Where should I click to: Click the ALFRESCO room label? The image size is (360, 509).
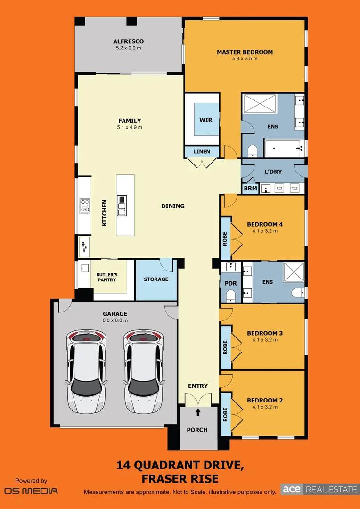coord(128,41)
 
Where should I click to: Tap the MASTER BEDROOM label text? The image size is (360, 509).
coord(245,52)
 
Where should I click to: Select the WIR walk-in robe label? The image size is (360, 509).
coord(206,120)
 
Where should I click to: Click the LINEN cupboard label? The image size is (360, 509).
coord(202,152)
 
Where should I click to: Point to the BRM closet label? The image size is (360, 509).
coord(250,189)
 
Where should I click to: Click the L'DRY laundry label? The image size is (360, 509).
coord(273,172)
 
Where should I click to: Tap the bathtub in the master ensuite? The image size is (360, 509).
coord(283,148)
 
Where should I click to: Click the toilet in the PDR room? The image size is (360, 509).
coord(231,296)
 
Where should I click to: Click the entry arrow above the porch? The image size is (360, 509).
coord(198,412)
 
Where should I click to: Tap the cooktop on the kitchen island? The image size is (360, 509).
coord(122,205)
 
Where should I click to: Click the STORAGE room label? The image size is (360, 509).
coord(156,279)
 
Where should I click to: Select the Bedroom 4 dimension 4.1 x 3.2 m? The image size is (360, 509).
coord(265,231)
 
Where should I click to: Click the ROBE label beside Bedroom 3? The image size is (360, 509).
coord(225,347)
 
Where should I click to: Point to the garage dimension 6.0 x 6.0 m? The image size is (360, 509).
coord(115,320)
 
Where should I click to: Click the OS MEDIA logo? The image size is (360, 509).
coord(31,491)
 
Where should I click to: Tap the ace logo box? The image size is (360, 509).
coord(292,489)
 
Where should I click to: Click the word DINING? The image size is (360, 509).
coord(173,206)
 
